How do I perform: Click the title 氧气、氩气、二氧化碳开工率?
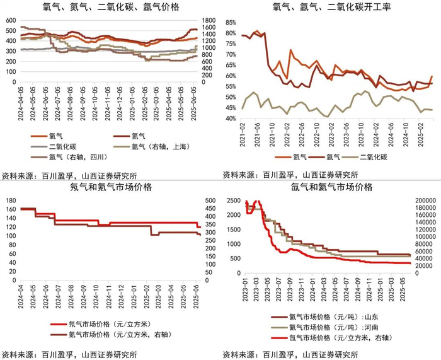pyautogui.click(x=329, y=8)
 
